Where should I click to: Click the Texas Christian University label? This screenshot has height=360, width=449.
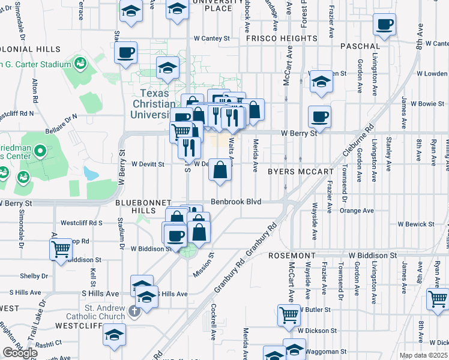coord(155,103)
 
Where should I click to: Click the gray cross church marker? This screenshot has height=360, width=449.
coord(134,310)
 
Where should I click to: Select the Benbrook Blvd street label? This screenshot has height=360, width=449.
coord(236,202)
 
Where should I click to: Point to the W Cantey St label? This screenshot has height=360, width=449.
coord(211,38)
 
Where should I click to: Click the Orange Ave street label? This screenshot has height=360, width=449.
coord(357,211)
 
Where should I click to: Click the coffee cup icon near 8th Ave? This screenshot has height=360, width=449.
coord(384,25)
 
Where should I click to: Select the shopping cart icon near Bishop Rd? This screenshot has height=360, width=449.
coord(61,249)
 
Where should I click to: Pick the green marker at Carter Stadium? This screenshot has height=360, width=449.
coord(79,63)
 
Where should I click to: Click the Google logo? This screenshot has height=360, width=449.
coord(20,353)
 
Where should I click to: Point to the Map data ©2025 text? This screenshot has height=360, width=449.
coord(423,355)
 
